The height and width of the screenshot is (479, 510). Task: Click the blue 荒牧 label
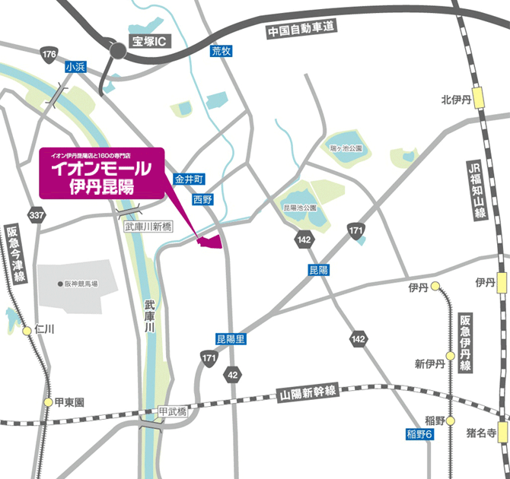tap(221, 51)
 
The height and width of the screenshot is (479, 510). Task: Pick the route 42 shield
tap(232, 376)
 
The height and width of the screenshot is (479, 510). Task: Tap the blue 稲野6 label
tap(419, 434)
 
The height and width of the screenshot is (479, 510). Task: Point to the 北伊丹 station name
tap(457, 100)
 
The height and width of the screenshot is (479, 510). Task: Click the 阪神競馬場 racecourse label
tap(81, 284)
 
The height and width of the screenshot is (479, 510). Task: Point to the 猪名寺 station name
tap(481, 433)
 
